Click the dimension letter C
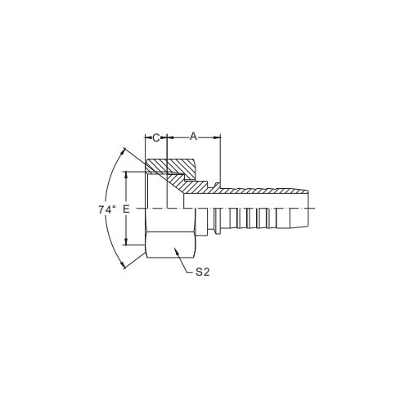click(155, 137)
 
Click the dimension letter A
click(193, 136)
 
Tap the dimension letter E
click(126, 209)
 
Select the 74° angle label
click(107, 209)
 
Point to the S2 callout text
click(203, 272)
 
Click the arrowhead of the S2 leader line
click(176, 250)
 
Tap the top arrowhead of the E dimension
click(126, 174)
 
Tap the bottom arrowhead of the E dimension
click(126, 242)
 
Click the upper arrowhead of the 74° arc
click(124, 151)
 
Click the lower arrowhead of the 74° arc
click(123, 265)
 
